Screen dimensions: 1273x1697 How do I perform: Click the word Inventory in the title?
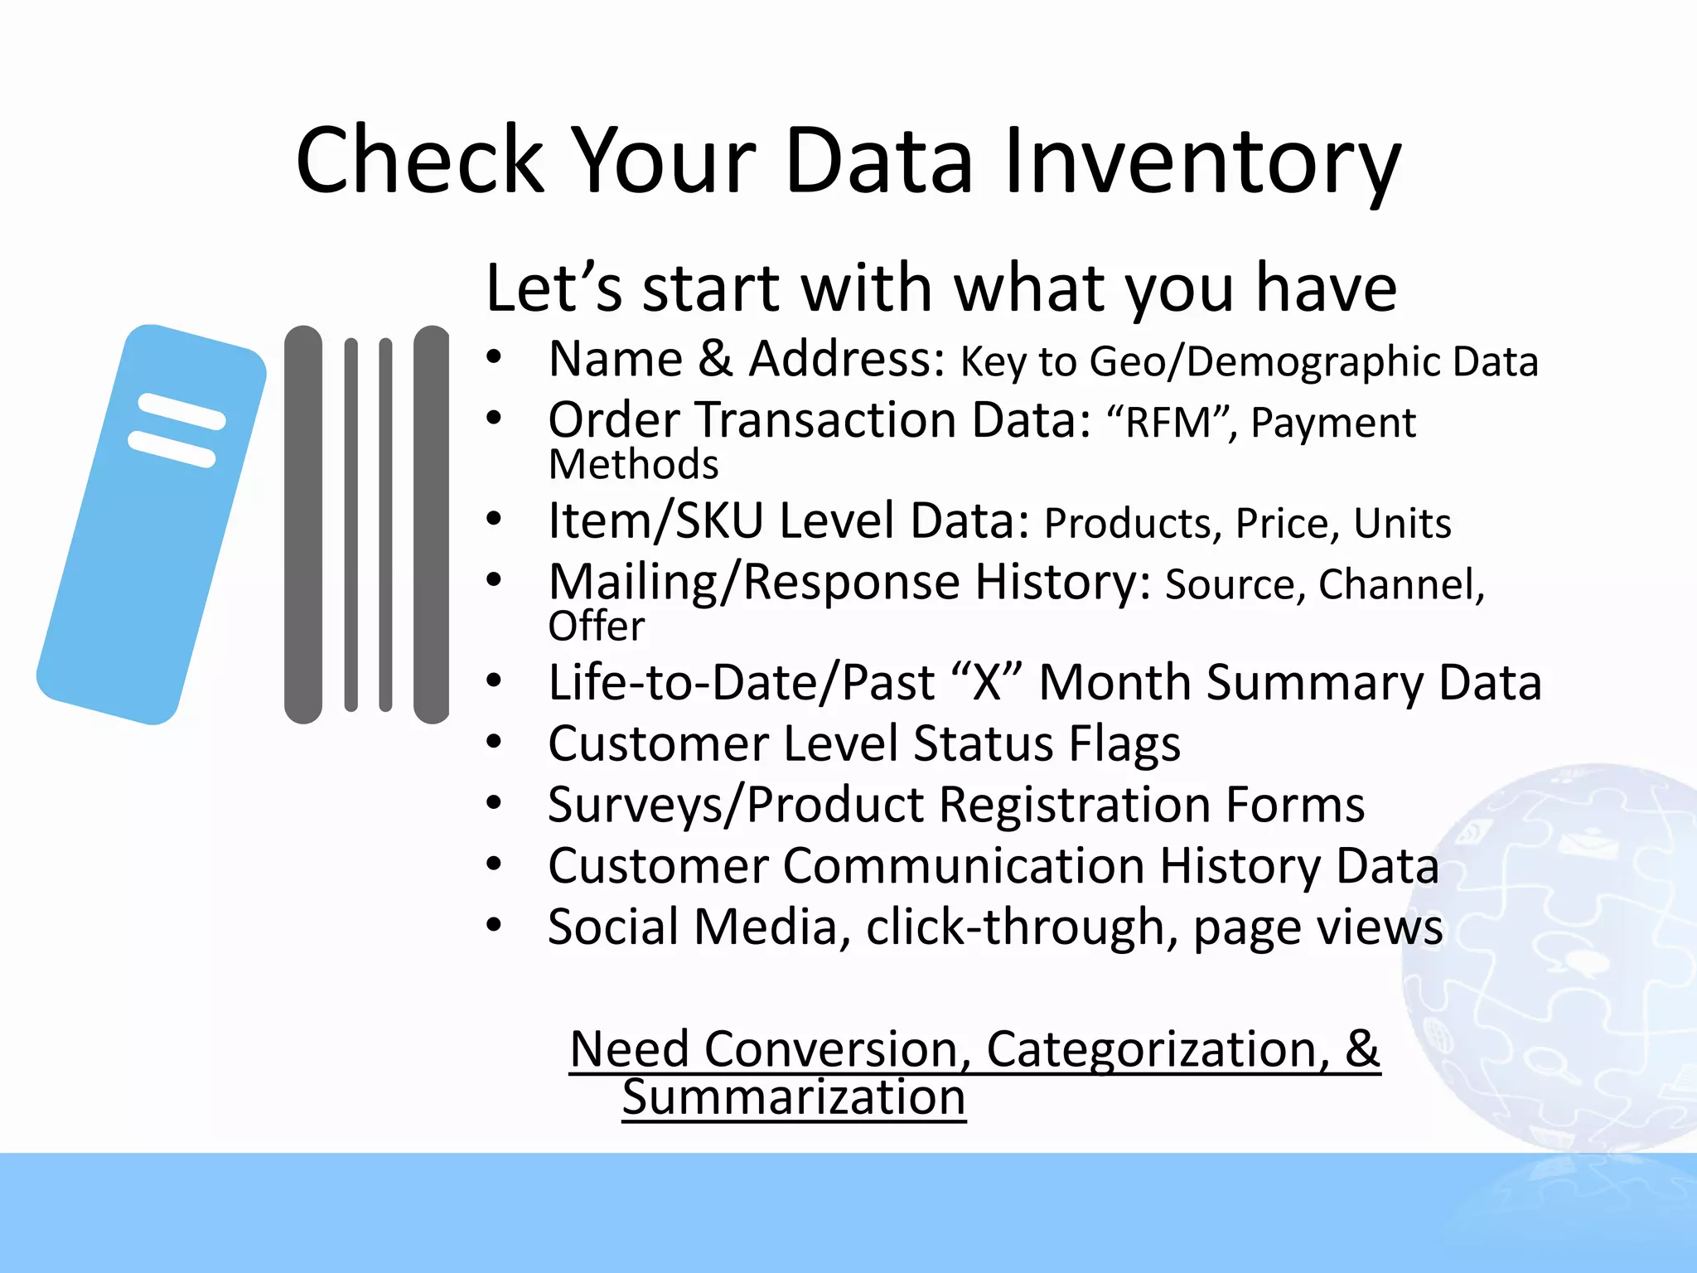pos(1201,162)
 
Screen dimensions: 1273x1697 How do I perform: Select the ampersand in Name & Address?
pos(715,360)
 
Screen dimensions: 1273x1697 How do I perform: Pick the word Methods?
pos(634,464)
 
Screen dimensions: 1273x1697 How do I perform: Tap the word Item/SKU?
pos(655,521)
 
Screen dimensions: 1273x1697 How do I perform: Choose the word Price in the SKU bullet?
pos(1287,524)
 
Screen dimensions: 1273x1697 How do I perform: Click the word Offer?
pos(596,626)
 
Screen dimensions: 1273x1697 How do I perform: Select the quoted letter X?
pos(987,683)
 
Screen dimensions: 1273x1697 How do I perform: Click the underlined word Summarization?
pos(794,1098)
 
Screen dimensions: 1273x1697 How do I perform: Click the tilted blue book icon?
pos(152,524)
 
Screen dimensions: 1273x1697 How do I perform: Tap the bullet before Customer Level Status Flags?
pos(495,742)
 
